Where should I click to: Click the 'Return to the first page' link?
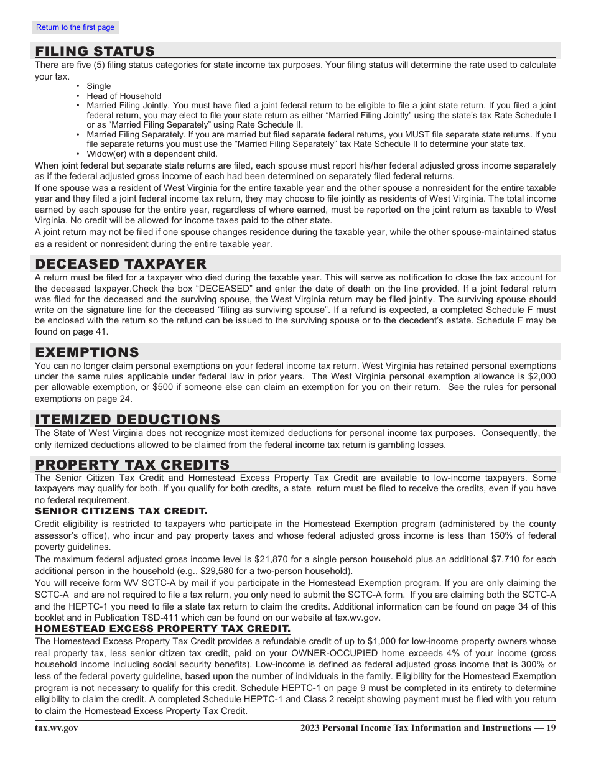tap(75, 27)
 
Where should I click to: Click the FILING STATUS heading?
tap(95, 52)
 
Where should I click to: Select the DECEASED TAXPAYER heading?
tap(121, 264)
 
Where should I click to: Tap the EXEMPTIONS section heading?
tap(87, 353)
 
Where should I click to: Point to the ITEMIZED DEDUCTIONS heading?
tap(128, 420)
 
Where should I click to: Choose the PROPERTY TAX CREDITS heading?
tap(133, 465)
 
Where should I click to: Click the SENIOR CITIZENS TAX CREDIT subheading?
tap(121, 511)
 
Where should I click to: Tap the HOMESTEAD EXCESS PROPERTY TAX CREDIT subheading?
tap(162, 629)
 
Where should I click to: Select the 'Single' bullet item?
tap(99, 86)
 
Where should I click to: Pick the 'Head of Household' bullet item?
tap(124, 96)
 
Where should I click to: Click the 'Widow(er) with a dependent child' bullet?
tap(152, 154)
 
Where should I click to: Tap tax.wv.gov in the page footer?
tap(57, 728)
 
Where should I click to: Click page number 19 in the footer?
tap(551, 728)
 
